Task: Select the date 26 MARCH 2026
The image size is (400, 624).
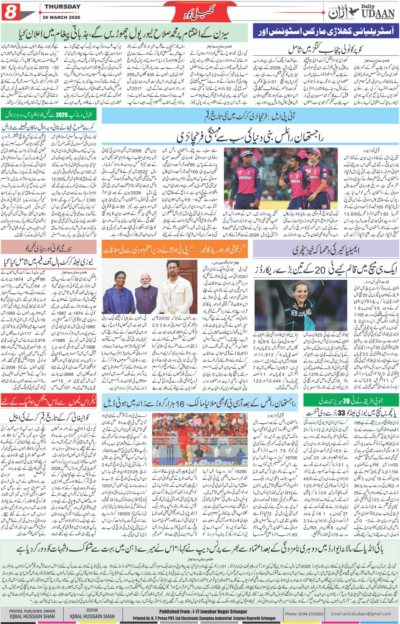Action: tap(62, 18)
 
